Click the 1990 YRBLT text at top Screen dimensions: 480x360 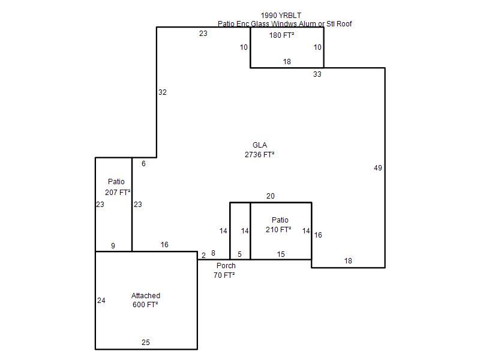pyautogui.click(x=281, y=16)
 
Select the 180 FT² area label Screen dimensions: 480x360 pyautogui.click(x=281, y=35)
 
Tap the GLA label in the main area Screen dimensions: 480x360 pyautogui.click(x=260, y=145)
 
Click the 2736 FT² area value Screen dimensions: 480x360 pyautogui.click(x=259, y=155)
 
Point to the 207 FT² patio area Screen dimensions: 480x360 pyautogui.click(x=118, y=192)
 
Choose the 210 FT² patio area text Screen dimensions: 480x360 pyautogui.click(x=278, y=230)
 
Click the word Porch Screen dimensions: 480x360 pyautogui.click(x=226, y=265)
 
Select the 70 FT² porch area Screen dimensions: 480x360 pyautogui.click(x=224, y=275)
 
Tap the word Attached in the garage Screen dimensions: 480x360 pyautogui.click(x=146, y=295)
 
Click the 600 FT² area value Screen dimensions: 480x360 pyautogui.click(x=145, y=305)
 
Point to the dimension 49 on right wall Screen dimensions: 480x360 pyautogui.click(x=378, y=168)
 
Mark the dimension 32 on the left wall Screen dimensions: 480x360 pyautogui.click(x=162, y=92)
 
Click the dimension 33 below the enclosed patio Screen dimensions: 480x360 pyautogui.click(x=317, y=74)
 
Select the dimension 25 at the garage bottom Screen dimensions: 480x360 pyautogui.click(x=146, y=342)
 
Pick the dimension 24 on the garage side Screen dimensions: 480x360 pyautogui.click(x=101, y=301)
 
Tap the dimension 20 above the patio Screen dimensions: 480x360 pyautogui.click(x=271, y=196)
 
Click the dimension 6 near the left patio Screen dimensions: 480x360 pyautogui.click(x=143, y=164)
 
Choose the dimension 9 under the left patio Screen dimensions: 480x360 pyautogui.click(x=113, y=245)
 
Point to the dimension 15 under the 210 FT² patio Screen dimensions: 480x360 pyautogui.click(x=281, y=254)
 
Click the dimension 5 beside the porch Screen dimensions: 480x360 pyautogui.click(x=239, y=254)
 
